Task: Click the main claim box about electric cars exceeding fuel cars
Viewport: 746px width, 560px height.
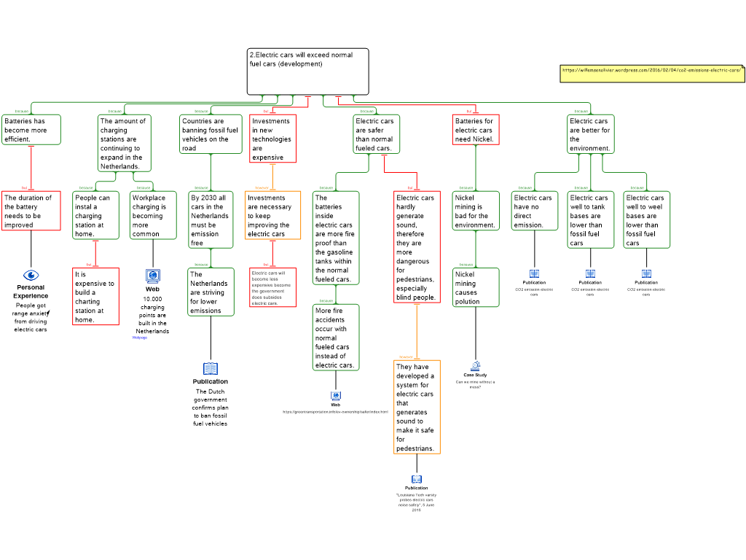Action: point(307,71)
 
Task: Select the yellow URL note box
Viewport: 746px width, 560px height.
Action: point(652,73)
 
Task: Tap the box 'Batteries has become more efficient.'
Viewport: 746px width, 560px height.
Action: point(31,130)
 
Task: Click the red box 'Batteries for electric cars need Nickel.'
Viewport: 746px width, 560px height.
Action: point(476,130)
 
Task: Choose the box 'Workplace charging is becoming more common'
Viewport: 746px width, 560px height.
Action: point(153,215)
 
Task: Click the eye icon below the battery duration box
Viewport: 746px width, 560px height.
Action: point(31,275)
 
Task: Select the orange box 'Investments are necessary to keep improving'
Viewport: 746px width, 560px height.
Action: point(272,215)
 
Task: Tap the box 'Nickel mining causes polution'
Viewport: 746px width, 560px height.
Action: point(476,287)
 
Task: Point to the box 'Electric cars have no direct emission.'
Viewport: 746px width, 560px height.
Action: point(534,211)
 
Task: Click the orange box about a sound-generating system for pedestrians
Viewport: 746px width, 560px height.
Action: point(417,407)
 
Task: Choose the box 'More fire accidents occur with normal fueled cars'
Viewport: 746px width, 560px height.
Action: point(336,338)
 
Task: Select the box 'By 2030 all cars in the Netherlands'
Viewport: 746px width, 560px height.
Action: point(211,219)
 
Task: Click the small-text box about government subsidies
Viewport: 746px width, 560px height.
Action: point(272,287)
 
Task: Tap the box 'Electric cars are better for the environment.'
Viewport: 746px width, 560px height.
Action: point(590,134)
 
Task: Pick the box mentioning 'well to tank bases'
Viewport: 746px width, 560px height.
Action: point(590,219)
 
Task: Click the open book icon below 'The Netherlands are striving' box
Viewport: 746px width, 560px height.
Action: point(211,369)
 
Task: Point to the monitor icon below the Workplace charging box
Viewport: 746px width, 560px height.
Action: point(153,276)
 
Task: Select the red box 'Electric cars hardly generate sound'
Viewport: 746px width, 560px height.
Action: point(417,246)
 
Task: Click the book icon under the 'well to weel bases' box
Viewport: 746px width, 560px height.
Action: point(646,274)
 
